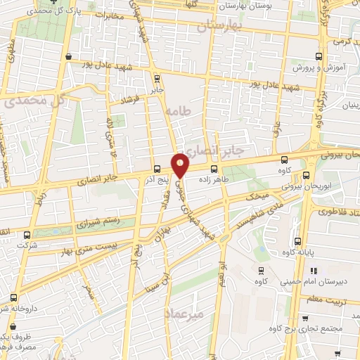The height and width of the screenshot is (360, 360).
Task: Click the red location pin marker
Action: (181, 165)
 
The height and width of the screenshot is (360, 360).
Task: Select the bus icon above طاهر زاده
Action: (214, 168)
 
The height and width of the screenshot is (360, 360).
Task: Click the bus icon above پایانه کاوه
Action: (297, 241)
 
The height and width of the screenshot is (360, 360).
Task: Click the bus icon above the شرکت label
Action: (27, 235)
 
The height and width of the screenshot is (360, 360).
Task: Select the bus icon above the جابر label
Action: (156, 79)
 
